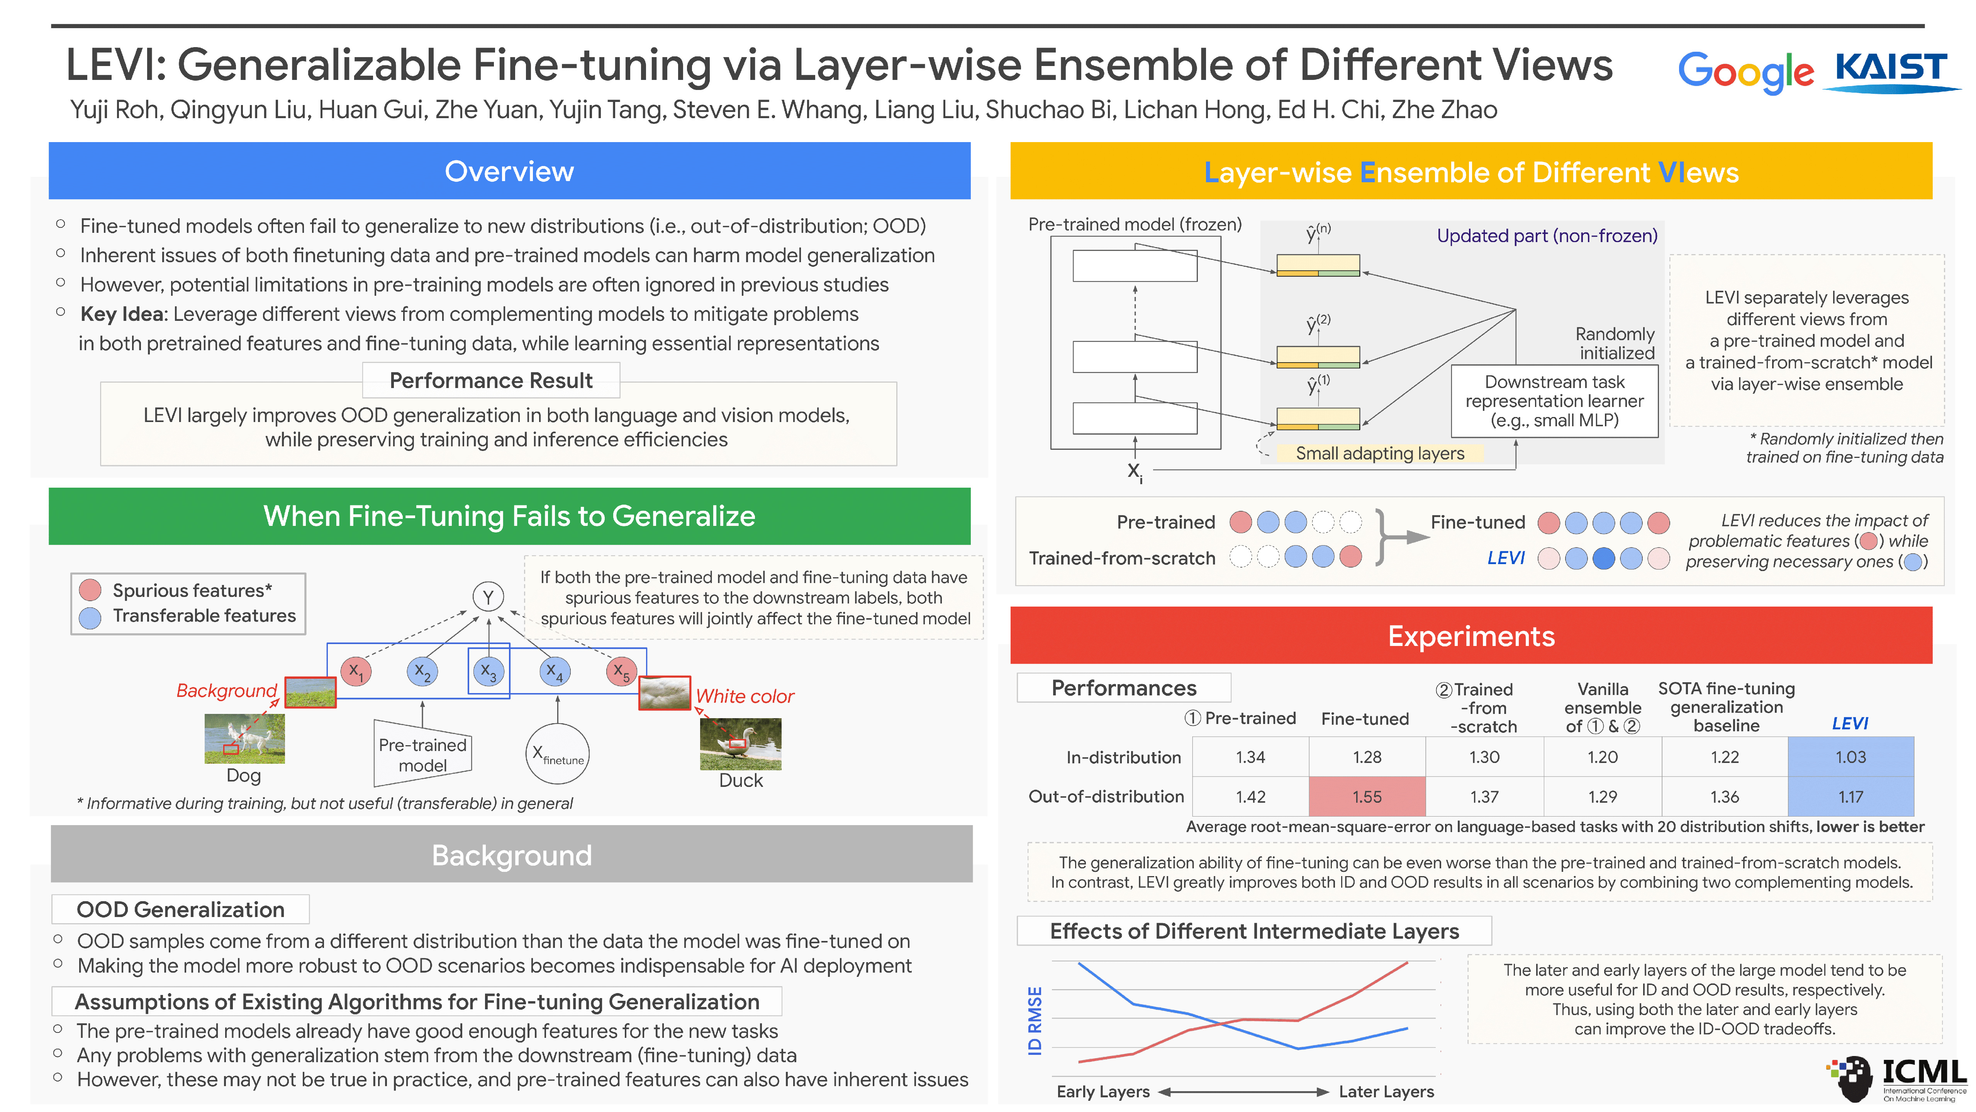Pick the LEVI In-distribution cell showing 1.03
(1850, 757)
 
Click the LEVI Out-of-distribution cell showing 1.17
(1850, 797)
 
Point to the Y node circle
(488, 597)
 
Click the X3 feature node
(488, 672)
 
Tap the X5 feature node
(621, 672)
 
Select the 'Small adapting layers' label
(1379, 453)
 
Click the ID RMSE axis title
(1035, 1020)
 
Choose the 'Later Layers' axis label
(1385, 1091)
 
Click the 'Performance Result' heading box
(491, 380)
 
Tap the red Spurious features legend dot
(90, 590)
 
